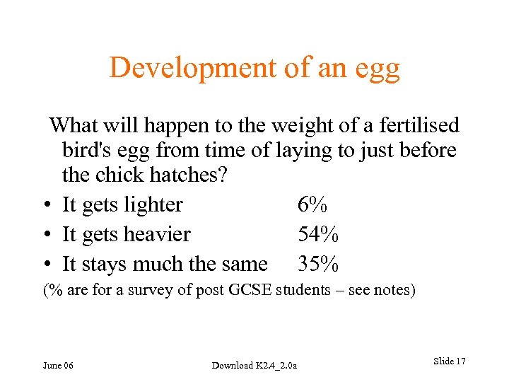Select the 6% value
(x=312, y=205)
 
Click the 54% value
(x=318, y=234)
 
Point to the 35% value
(x=318, y=264)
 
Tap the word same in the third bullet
(x=244, y=265)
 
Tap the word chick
(x=132, y=174)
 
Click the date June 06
(x=58, y=365)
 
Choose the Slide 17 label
(x=449, y=361)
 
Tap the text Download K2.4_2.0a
(x=255, y=365)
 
